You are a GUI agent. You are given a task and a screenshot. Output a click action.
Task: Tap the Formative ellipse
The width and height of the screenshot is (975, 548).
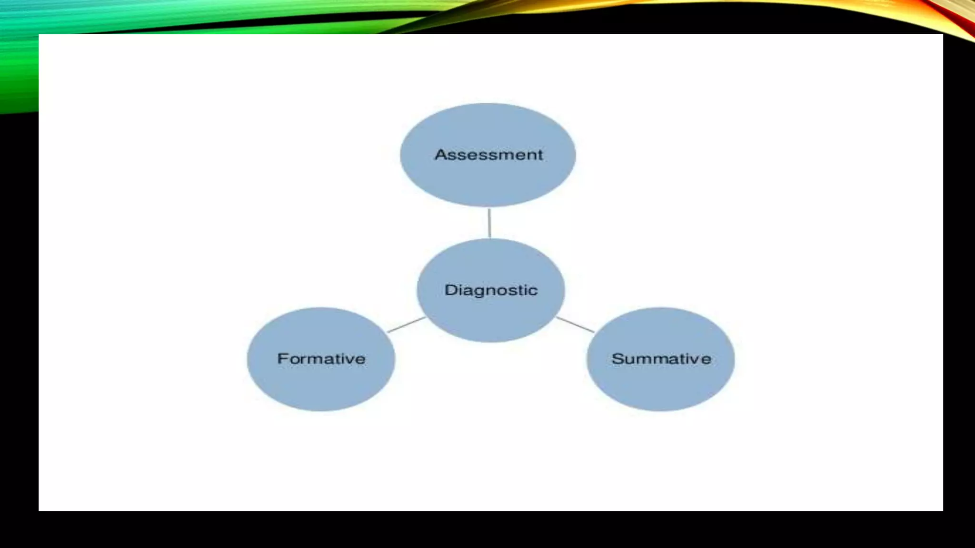coord(321,385)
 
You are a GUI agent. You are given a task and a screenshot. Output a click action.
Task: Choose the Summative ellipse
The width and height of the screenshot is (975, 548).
coord(660,385)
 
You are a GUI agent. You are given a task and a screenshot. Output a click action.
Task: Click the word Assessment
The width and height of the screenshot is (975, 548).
coord(488,155)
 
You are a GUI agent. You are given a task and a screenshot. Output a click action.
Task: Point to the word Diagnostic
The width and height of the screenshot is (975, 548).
coord(491,290)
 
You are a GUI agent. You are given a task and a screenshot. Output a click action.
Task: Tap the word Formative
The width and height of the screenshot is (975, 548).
coord(321,359)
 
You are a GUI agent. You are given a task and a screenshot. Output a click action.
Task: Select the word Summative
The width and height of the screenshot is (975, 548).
coord(661,359)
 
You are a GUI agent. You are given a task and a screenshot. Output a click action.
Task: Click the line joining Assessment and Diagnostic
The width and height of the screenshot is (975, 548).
coord(489,223)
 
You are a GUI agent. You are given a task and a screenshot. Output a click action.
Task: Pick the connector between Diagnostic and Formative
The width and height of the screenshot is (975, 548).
coord(406,324)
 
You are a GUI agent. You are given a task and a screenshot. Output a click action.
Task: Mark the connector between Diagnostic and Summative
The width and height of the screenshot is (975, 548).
coord(575,324)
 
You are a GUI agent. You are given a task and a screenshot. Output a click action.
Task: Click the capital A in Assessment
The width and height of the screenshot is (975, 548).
coord(441,155)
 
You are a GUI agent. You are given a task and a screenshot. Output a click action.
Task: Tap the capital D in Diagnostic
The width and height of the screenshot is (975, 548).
coord(450,290)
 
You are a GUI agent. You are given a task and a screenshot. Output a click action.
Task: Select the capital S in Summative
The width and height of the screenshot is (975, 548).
coord(618,359)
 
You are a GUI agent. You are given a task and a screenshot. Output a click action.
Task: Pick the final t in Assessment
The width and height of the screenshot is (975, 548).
coord(539,155)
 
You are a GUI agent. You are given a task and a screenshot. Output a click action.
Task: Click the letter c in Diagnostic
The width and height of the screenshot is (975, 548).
coord(533,291)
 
